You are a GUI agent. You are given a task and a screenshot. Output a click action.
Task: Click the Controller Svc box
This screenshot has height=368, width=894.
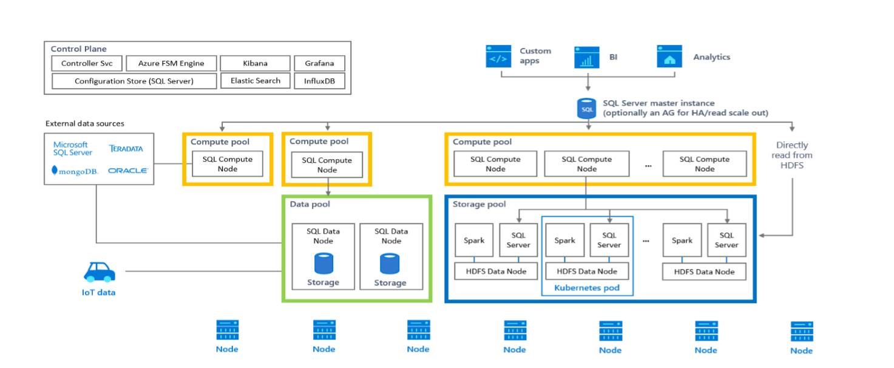point(87,63)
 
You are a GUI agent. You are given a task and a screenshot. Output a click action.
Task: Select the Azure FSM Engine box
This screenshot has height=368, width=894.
point(171,63)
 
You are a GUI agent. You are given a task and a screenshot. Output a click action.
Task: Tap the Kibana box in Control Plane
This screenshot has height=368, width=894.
point(255,63)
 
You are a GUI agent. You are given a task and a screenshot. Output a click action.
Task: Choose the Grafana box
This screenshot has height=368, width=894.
point(319,63)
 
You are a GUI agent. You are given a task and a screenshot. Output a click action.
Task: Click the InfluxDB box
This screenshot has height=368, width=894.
point(319,81)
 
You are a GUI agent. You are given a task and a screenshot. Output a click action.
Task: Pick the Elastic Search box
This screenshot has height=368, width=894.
point(255,81)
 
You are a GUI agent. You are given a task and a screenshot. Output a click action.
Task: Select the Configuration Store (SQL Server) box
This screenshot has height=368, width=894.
point(134,81)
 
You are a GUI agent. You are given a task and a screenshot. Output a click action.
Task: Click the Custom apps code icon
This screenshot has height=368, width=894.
point(498,56)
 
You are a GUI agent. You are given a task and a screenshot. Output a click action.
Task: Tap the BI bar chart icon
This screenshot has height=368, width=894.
point(587,57)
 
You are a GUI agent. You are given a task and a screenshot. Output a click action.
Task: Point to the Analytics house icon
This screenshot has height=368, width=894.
point(669,56)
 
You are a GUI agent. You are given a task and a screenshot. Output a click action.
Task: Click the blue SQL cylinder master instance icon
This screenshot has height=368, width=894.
point(587,109)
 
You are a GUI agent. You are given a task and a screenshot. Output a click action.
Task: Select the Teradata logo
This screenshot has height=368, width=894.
point(126,149)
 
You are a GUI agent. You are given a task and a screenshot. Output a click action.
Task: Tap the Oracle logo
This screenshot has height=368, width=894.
point(127,171)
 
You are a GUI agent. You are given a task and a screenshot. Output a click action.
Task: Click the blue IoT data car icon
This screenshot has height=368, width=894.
point(99,272)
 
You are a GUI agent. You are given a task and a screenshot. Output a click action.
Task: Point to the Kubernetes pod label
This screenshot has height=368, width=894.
point(587,288)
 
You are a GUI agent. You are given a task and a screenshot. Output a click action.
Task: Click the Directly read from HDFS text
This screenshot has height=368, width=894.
point(792,155)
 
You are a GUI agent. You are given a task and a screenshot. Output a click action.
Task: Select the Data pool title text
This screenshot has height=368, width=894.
point(310,205)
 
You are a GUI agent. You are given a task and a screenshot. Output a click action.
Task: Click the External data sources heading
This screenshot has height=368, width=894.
point(85,123)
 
